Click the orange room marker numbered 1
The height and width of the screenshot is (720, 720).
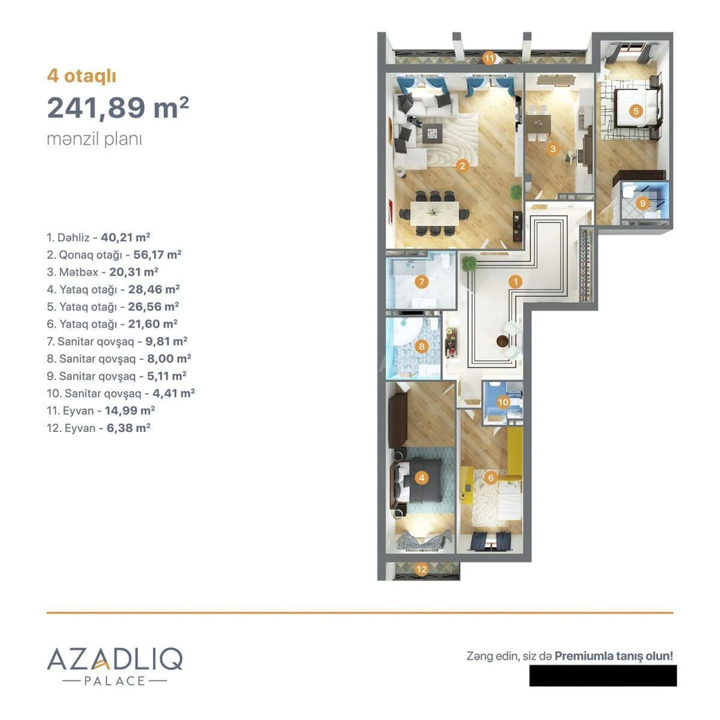point(515,282)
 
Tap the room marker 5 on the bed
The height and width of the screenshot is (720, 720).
point(635,111)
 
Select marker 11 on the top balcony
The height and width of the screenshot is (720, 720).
point(489,58)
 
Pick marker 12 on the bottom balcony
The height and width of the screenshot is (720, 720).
point(422,569)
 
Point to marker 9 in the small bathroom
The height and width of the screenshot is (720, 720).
point(643,203)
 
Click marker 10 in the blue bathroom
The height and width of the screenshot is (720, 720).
point(503,402)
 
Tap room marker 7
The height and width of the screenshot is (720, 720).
point(422,282)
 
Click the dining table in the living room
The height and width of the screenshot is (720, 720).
point(434,212)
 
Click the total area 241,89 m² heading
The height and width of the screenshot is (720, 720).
point(118,108)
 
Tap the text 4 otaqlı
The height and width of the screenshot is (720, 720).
point(81,76)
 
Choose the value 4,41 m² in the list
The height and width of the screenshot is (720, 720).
point(173,393)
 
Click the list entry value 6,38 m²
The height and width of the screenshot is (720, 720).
point(128,428)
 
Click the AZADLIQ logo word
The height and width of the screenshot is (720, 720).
point(115,659)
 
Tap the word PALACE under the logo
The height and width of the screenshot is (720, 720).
point(115,681)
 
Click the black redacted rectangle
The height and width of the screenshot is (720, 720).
point(603,675)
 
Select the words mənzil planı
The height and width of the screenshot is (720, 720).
point(94,139)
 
